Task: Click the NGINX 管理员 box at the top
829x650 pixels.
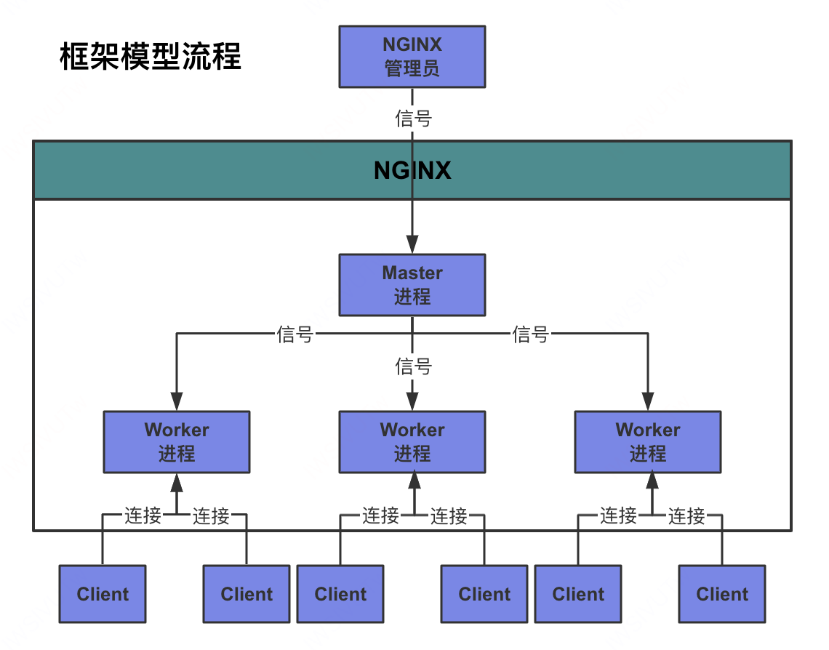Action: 412,57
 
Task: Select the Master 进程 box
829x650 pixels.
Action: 412,285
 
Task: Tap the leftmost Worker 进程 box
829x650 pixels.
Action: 177,442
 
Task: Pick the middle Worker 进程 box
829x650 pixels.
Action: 412,442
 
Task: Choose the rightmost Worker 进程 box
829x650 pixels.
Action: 648,442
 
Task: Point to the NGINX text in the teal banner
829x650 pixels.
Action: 412,170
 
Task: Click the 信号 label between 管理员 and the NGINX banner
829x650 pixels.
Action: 413,118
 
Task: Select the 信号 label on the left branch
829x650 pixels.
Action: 295,334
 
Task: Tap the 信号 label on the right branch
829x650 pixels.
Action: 531,334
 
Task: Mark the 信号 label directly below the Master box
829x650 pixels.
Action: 413,366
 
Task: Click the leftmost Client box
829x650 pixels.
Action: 103,594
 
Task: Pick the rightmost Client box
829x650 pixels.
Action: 722,594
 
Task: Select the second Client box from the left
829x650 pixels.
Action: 247,594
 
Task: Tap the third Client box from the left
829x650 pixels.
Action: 340,594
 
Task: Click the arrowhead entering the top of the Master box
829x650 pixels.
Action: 412,246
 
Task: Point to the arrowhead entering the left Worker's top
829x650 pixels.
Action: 177,402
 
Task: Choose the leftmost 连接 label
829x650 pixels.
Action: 143,516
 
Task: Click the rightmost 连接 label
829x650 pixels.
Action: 686,516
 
